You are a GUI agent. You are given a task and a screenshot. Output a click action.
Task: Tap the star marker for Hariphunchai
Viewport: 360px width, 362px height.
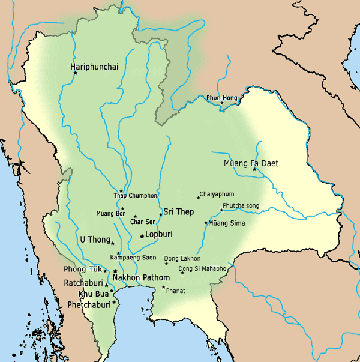point(75,73)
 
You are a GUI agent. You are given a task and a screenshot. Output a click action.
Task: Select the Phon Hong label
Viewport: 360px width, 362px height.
point(222,97)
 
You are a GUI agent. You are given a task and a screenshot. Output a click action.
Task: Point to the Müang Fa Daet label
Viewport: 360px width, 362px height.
point(251,163)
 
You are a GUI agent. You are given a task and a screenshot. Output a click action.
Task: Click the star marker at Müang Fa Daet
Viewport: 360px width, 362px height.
point(254,169)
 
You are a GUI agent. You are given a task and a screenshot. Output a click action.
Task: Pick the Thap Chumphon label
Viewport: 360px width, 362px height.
point(135,195)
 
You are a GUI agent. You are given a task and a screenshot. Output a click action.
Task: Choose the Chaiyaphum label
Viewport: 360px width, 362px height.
point(217,194)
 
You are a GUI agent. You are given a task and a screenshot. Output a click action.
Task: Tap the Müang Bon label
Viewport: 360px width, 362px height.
point(111,213)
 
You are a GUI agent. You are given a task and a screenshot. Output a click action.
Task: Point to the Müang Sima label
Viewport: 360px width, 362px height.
point(227,223)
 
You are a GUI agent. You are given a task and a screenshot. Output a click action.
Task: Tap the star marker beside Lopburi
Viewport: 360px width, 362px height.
point(142,236)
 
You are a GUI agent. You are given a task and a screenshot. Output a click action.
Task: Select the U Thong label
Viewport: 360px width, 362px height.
point(95,240)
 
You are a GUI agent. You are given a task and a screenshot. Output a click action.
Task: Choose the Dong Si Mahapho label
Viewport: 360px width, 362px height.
point(202,268)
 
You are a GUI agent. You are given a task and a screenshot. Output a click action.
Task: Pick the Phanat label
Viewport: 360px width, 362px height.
point(176,291)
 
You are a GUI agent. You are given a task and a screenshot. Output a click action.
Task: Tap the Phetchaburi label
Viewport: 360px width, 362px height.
point(87,304)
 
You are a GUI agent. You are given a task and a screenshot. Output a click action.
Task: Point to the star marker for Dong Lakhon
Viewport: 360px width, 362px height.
point(167,264)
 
